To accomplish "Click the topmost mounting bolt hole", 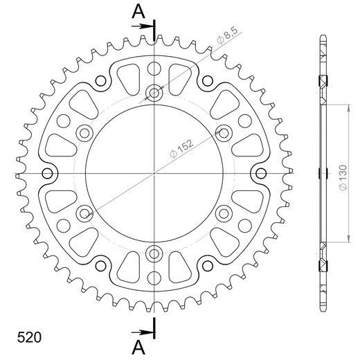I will (154, 92).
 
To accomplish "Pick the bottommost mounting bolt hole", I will (154, 252).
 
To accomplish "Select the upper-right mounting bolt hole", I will (223, 132).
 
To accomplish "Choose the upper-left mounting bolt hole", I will (84, 132).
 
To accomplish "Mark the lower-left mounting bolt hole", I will (84, 212).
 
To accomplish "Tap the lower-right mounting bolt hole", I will (223, 212).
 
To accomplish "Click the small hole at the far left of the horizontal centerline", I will (47, 172).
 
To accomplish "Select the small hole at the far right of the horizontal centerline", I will (260, 172).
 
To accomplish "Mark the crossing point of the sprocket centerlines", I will (154, 172).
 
